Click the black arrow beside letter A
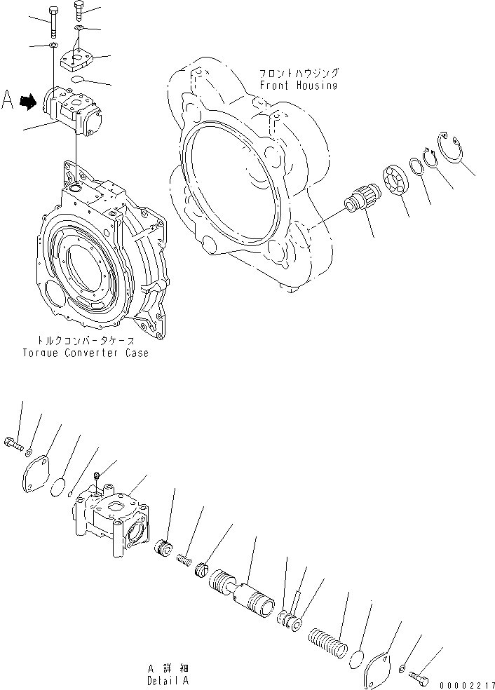click(x=27, y=103)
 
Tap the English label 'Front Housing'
click(x=298, y=86)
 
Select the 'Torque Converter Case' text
click(x=85, y=353)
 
